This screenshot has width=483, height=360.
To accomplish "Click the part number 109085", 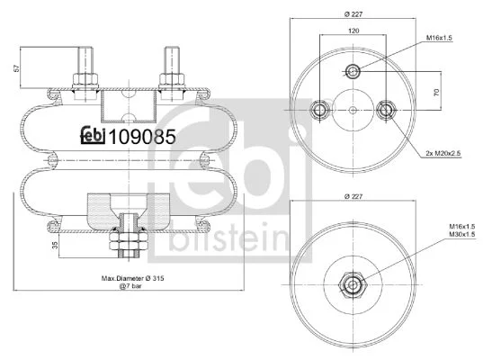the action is click(142, 137).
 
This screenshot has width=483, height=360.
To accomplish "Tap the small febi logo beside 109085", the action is click(93, 136).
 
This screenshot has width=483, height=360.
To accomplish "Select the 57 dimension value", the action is click(17, 68).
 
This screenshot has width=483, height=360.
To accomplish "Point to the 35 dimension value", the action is click(55, 246).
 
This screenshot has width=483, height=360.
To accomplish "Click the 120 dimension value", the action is click(353, 31).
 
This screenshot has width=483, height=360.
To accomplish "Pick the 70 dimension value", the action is click(436, 92).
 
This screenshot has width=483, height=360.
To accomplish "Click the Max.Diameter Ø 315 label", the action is click(133, 278).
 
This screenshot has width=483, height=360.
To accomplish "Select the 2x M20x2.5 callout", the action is click(443, 153).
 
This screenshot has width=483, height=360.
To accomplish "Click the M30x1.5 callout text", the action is click(461, 235).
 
